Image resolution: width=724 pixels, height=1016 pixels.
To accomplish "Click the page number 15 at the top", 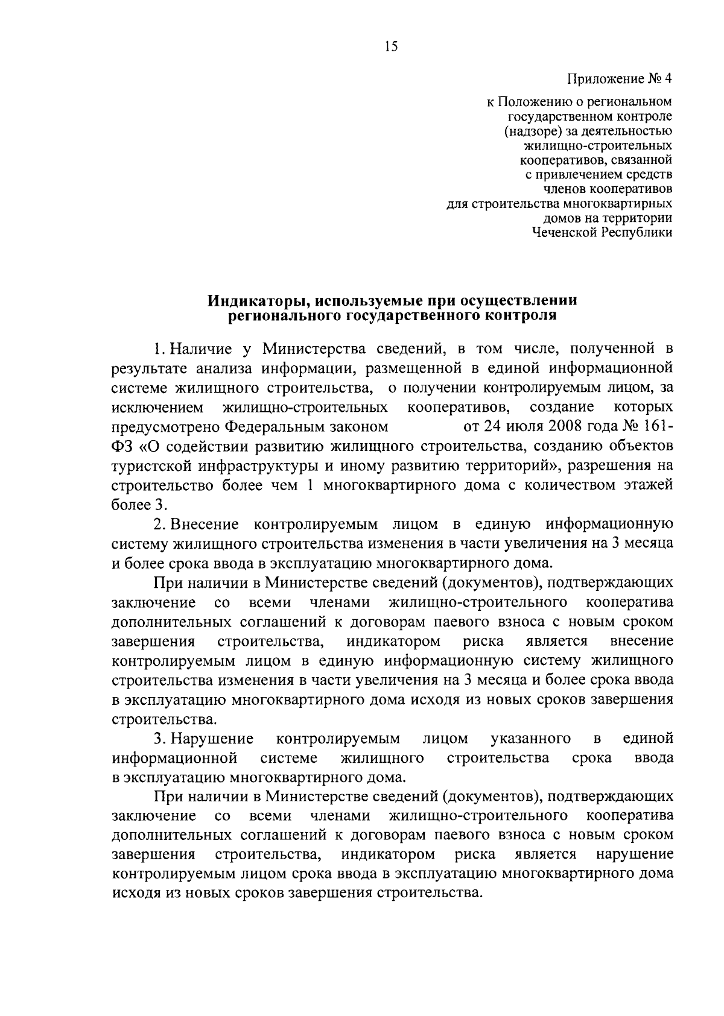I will tap(392, 47).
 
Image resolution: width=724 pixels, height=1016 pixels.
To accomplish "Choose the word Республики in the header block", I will tap(637, 233).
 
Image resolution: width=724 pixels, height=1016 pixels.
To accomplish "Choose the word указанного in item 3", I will tap(532, 739).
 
